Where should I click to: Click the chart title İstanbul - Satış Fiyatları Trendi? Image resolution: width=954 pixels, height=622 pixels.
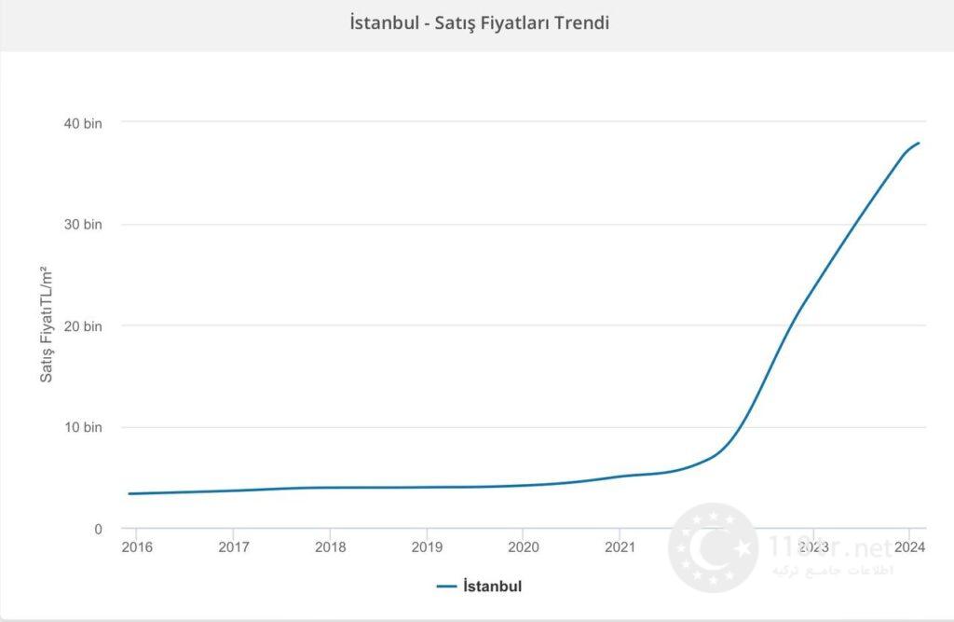[479, 23]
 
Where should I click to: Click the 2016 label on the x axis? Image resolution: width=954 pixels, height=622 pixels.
[136, 546]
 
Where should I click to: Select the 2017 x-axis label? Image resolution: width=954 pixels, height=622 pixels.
[233, 546]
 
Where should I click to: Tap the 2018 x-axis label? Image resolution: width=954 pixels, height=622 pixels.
[330, 546]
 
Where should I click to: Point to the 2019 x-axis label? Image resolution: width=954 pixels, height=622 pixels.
[427, 546]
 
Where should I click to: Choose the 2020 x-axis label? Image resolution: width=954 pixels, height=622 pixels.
[524, 546]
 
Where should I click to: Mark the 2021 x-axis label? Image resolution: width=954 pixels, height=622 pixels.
[620, 546]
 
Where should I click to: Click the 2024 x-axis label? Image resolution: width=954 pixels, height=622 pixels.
[910, 546]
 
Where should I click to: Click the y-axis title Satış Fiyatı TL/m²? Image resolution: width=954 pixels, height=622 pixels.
[46, 325]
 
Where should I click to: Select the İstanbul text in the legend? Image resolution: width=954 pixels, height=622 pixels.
[492, 587]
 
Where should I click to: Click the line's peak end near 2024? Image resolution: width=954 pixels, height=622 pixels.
[919, 143]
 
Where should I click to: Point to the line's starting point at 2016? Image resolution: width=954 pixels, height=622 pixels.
[129, 493]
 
